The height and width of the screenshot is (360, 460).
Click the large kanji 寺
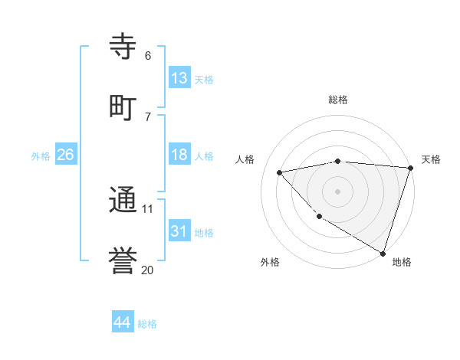[123, 45]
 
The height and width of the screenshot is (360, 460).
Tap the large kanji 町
[123, 106]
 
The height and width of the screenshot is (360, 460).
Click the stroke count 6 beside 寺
[148, 55]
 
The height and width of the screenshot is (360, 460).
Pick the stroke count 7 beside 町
[148, 116]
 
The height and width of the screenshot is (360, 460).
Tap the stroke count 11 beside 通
[148, 208]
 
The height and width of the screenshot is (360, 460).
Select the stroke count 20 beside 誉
[148, 270]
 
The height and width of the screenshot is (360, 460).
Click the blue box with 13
[179, 78]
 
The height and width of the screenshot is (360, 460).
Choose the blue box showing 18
[179, 155]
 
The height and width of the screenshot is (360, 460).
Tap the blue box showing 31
[179, 231]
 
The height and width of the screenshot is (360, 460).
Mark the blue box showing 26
[65, 155]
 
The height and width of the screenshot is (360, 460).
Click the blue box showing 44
[123, 322]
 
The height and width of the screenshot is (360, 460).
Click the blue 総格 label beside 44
[147, 324]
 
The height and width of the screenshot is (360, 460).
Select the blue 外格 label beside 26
[41, 156]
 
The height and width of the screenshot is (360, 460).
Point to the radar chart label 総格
[338, 100]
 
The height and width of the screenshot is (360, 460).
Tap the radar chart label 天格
[431, 159]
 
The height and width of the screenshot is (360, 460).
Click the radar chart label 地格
[402, 262]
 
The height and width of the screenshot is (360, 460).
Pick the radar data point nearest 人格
[280, 172]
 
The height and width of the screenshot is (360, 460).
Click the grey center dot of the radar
[337, 191]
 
